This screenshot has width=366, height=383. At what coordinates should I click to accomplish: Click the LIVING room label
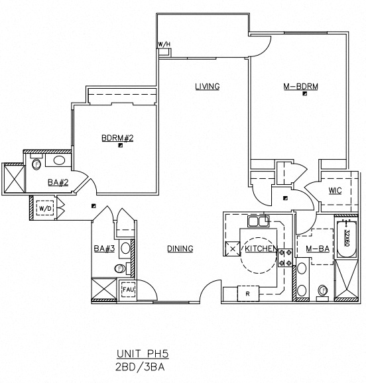click(x=207, y=86)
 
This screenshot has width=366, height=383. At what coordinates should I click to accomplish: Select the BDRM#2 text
click(x=117, y=138)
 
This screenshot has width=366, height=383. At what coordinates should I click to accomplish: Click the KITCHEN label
click(x=261, y=248)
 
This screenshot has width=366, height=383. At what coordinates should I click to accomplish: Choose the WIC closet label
click(x=335, y=191)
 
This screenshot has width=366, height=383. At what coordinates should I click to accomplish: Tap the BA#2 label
click(x=56, y=182)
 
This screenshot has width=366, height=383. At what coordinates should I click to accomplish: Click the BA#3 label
click(x=105, y=249)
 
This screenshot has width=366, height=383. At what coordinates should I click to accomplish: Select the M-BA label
click(x=318, y=248)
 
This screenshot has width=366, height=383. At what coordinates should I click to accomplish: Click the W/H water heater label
click(x=163, y=45)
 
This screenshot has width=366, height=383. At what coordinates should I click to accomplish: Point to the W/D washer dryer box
click(x=45, y=208)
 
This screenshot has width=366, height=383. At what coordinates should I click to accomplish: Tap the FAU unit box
click(x=127, y=290)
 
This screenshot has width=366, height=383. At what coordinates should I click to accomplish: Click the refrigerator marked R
click(x=247, y=292)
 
